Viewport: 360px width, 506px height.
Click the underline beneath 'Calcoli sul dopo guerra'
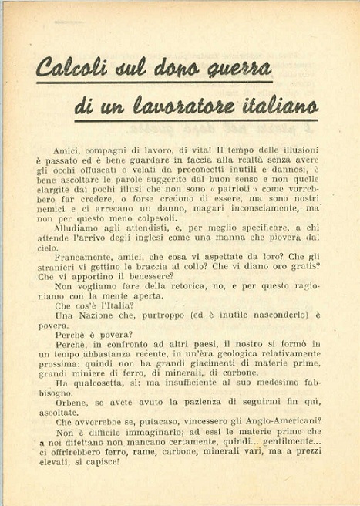[154, 80]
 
